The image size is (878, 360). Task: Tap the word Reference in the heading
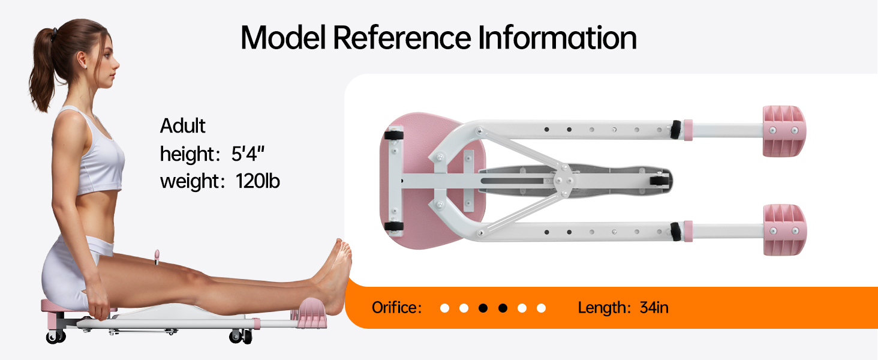click(401, 38)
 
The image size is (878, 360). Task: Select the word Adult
click(182, 126)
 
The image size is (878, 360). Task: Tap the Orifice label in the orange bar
click(396, 308)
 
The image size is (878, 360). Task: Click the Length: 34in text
click(623, 308)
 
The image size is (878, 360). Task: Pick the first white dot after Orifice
click(444, 308)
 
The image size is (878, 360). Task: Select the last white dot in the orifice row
click(542, 308)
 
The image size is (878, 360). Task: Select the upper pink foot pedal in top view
click(783, 131)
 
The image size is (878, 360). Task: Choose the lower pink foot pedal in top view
click(783, 229)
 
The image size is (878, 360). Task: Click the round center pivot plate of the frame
click(564, 179)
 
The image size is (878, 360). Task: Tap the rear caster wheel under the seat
click(56, 337)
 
